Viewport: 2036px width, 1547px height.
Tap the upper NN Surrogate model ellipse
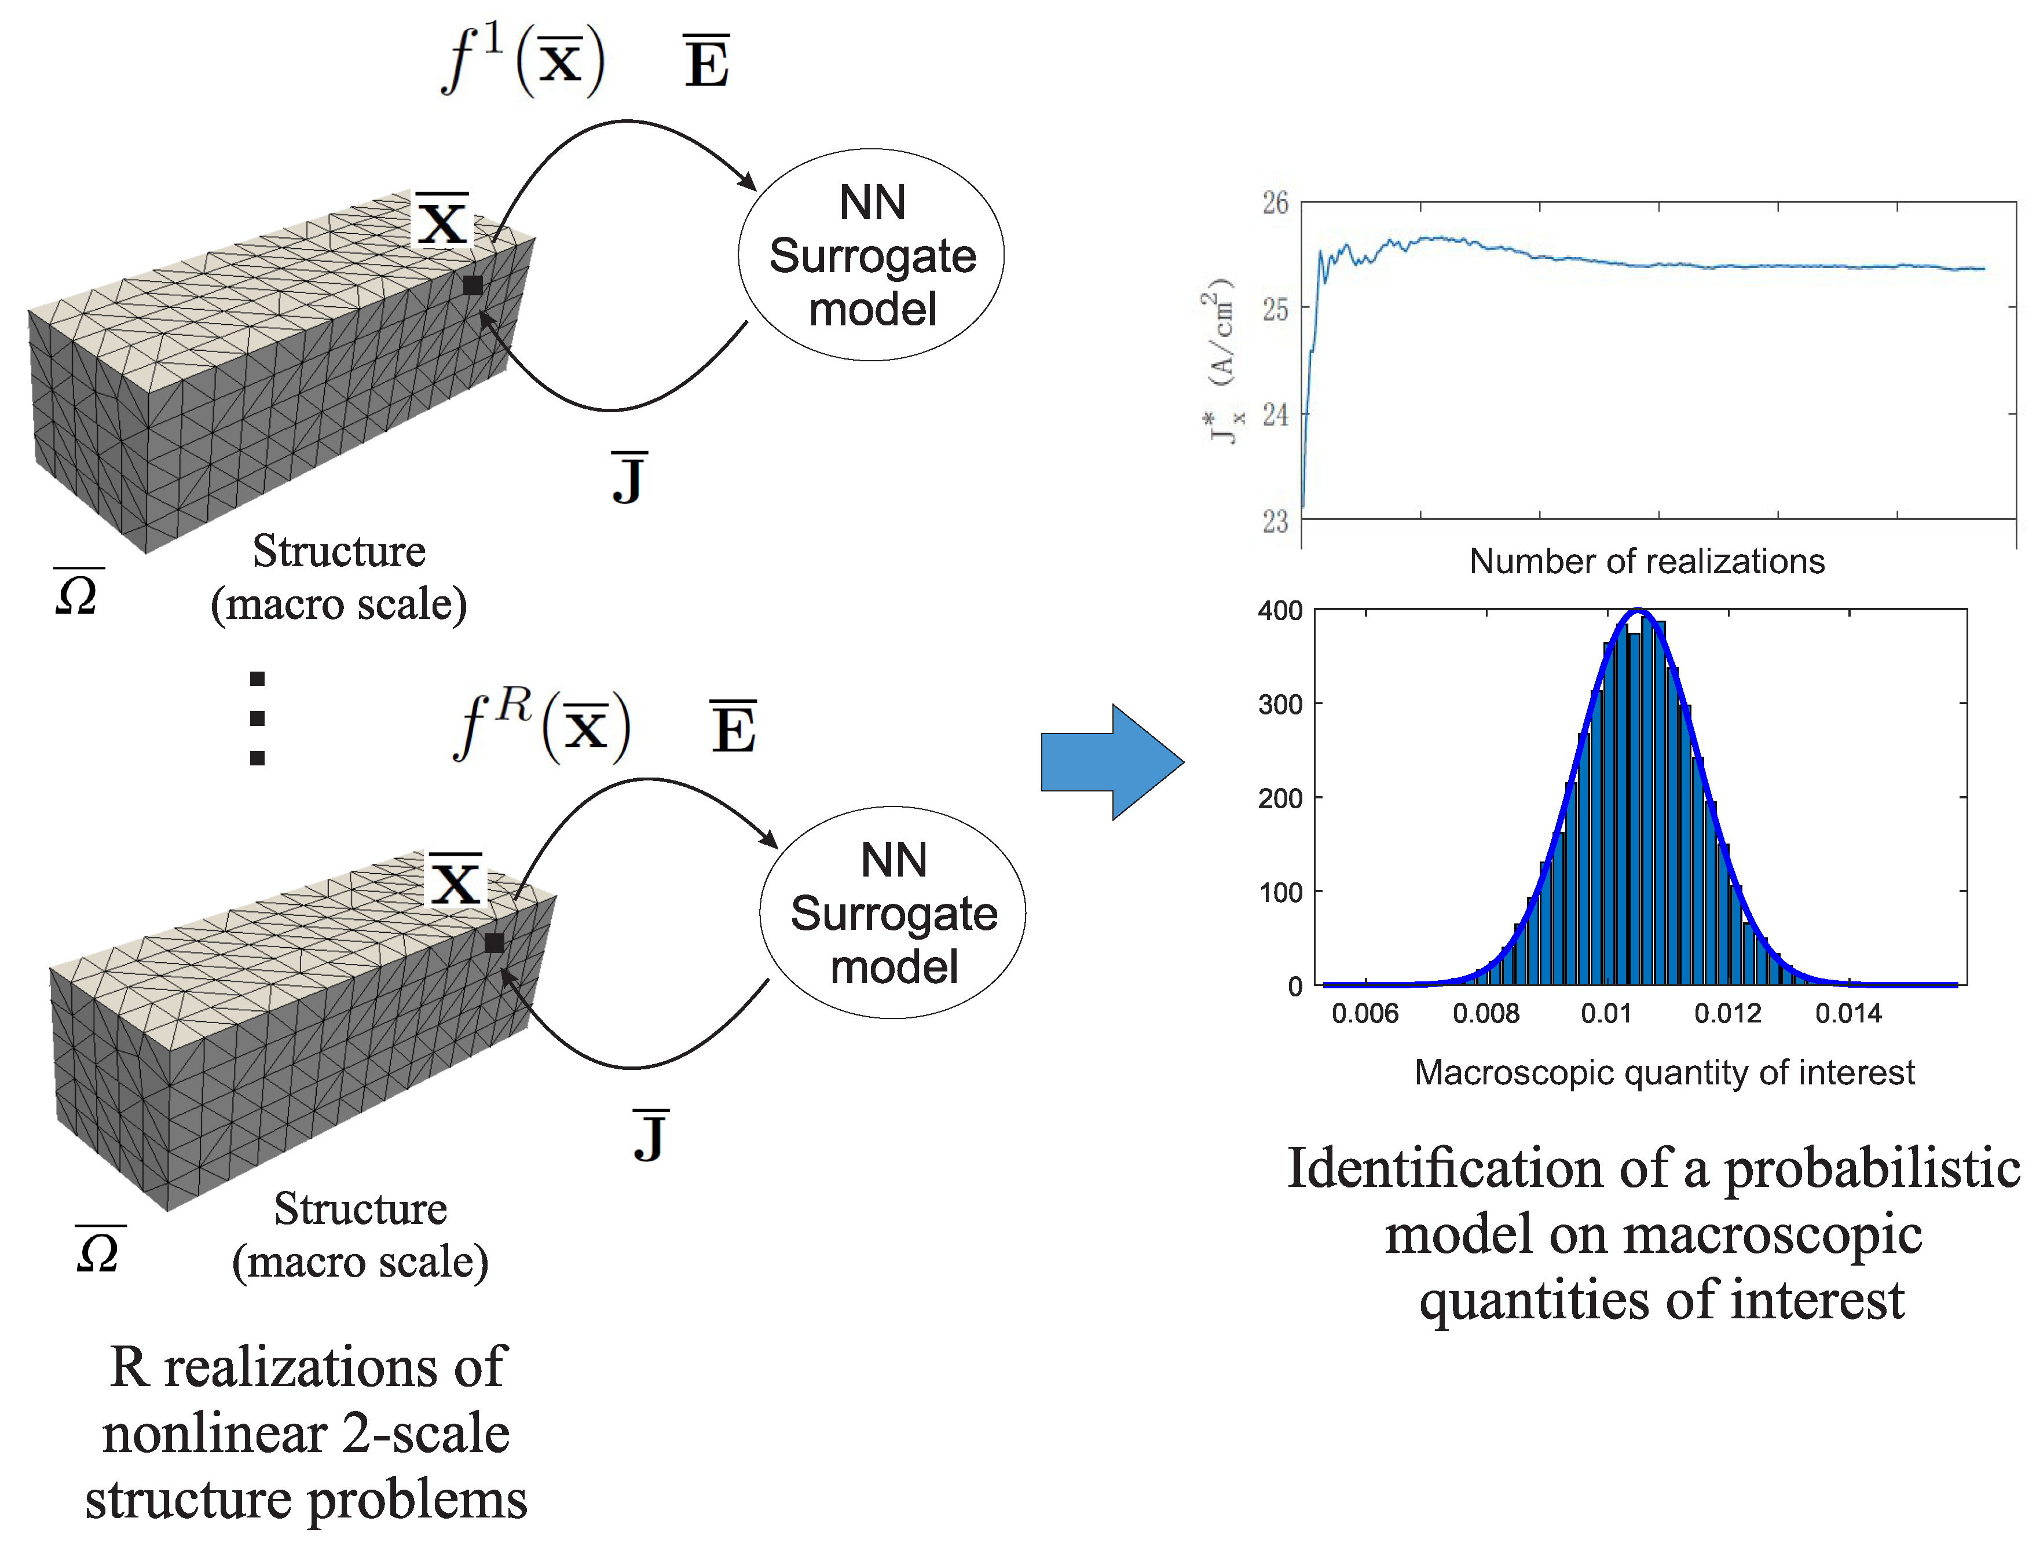871,255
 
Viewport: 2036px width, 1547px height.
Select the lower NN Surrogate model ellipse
892,912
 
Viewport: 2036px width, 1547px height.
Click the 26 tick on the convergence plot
1275,203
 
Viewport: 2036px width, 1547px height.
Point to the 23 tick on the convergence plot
1275,521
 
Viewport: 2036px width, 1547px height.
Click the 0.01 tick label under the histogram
1605,1013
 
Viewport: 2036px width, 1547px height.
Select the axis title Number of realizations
1646,561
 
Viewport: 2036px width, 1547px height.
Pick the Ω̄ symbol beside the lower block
98,1251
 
